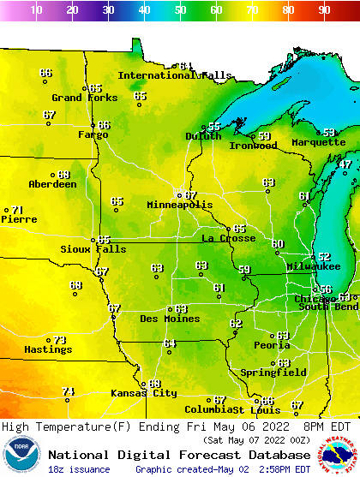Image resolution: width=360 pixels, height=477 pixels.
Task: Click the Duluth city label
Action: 203,136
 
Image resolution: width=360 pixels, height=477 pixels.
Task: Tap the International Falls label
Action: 174,75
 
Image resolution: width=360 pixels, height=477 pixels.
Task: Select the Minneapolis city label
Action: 179,206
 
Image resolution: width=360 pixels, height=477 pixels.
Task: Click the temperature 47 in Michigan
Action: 345,164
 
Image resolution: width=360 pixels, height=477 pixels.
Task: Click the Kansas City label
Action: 143,394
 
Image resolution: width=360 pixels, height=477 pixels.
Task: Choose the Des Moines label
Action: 170,319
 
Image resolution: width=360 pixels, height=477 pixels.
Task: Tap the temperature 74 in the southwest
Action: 69,391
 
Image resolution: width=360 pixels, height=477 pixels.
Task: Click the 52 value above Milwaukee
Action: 324,257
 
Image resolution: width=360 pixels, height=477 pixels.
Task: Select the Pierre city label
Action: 18,219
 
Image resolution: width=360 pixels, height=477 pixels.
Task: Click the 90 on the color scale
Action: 325,10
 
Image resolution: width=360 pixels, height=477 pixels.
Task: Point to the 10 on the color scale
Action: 36,10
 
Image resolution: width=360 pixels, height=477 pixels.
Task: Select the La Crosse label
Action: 228,238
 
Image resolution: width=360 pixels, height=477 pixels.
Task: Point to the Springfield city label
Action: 273,373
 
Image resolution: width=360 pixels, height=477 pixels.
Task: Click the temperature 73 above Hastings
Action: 60,340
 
